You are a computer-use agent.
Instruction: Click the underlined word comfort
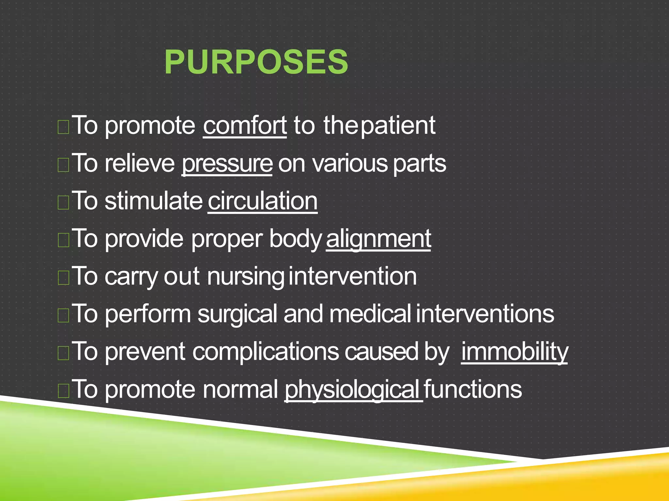tap(245, 126)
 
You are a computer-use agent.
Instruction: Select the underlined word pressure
tap(227, 163)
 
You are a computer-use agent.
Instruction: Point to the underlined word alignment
tap(378, 239)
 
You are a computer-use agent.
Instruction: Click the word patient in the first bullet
tap(398, 126)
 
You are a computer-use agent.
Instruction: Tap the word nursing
tap(245, 277)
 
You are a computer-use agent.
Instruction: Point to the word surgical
tap(237, 314)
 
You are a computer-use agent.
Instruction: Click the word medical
tap(370, 314)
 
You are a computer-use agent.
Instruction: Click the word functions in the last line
tap(473, 389)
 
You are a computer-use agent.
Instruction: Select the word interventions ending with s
tap(485, 314)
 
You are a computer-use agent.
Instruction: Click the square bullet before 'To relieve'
tap(63, 165)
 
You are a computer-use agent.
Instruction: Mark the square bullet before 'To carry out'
tap(63, 278)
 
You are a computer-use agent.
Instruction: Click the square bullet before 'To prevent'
tap(63, 353)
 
